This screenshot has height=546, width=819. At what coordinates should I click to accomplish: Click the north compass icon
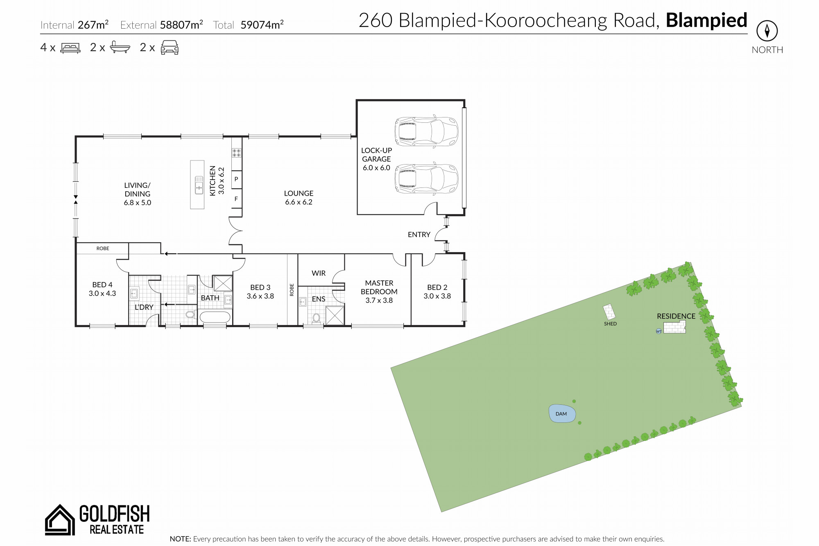coord(767,31)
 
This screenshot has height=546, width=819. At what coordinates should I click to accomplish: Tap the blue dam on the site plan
coord(562,413)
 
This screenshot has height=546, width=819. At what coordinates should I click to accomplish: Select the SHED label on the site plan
coord(610,324)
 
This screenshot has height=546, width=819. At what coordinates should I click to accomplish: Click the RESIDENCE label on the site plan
coord(676,316)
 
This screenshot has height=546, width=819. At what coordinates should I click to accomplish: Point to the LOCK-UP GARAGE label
coord(376,155)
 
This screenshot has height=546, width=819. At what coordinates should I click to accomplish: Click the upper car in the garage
coord(426,132)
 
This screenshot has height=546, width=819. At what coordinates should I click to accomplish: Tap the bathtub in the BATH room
coord(215,317)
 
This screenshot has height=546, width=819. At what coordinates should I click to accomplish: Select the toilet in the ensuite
coord(316,318)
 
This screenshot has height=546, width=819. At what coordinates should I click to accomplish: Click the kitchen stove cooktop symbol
coord(237,153)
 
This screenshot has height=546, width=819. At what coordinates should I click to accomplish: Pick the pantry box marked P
coord(236,179)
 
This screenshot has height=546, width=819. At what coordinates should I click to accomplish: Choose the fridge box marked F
coord(236,199)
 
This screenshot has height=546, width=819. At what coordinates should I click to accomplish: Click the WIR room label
coord(319,273)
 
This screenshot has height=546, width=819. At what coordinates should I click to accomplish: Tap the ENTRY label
coord(419,235)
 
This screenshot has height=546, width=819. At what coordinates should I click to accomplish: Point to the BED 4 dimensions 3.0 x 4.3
coord(102,293)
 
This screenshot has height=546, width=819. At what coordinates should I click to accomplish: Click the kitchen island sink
coord(199,185)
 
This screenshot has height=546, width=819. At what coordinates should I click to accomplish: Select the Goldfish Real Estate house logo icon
coord(60,519)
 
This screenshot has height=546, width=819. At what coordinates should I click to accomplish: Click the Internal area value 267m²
coord(93,25)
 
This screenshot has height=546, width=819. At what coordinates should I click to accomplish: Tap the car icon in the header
coord(170,47)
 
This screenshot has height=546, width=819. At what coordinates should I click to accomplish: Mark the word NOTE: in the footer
coord(180,539)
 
